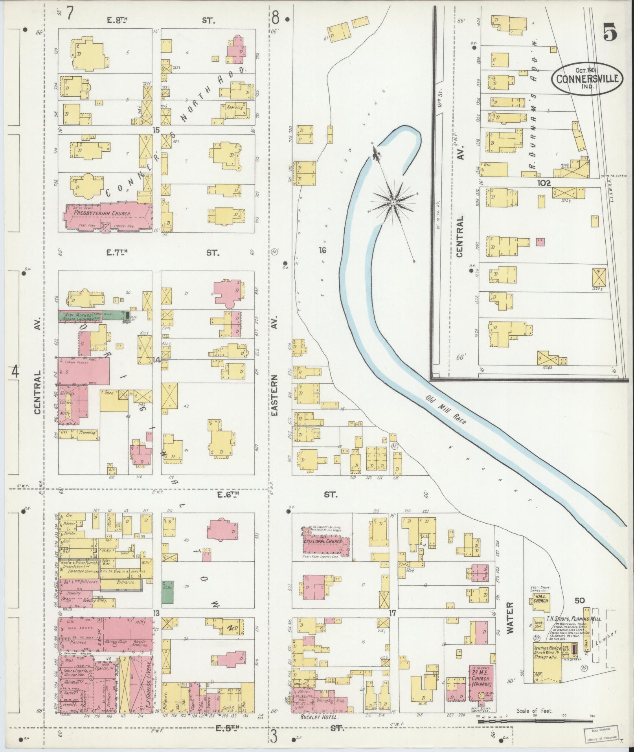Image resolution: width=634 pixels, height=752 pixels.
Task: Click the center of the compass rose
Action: pyautogui.click(x=393, y=202)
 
